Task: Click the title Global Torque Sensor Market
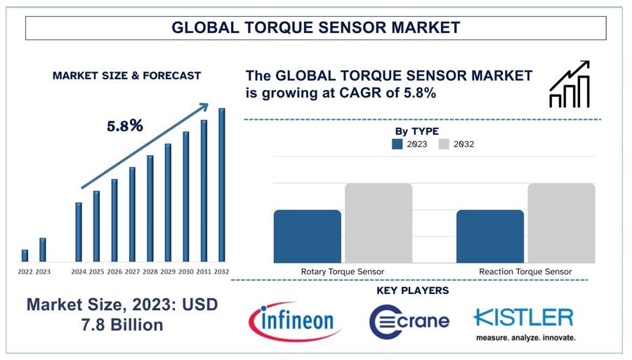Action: (316, 28)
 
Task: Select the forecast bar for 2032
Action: (222, 185)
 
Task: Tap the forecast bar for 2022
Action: (25, 255)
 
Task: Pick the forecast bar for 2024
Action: (79, 232)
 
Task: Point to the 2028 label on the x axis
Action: (150, 272)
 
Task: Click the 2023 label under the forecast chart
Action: (43, 272)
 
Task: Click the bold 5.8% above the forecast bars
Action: (125, 126)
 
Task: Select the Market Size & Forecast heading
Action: (126, 75)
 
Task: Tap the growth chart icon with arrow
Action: (570, 84)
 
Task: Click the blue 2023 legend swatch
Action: (397, 144)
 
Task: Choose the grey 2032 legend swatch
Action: (444, 144)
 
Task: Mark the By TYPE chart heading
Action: (416, 131)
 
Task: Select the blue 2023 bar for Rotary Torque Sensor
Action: (307, 236)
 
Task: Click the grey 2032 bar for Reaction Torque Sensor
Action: (560, 223)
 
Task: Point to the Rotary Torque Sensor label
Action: (343, 272)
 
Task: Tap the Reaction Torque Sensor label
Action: (525, 272)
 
